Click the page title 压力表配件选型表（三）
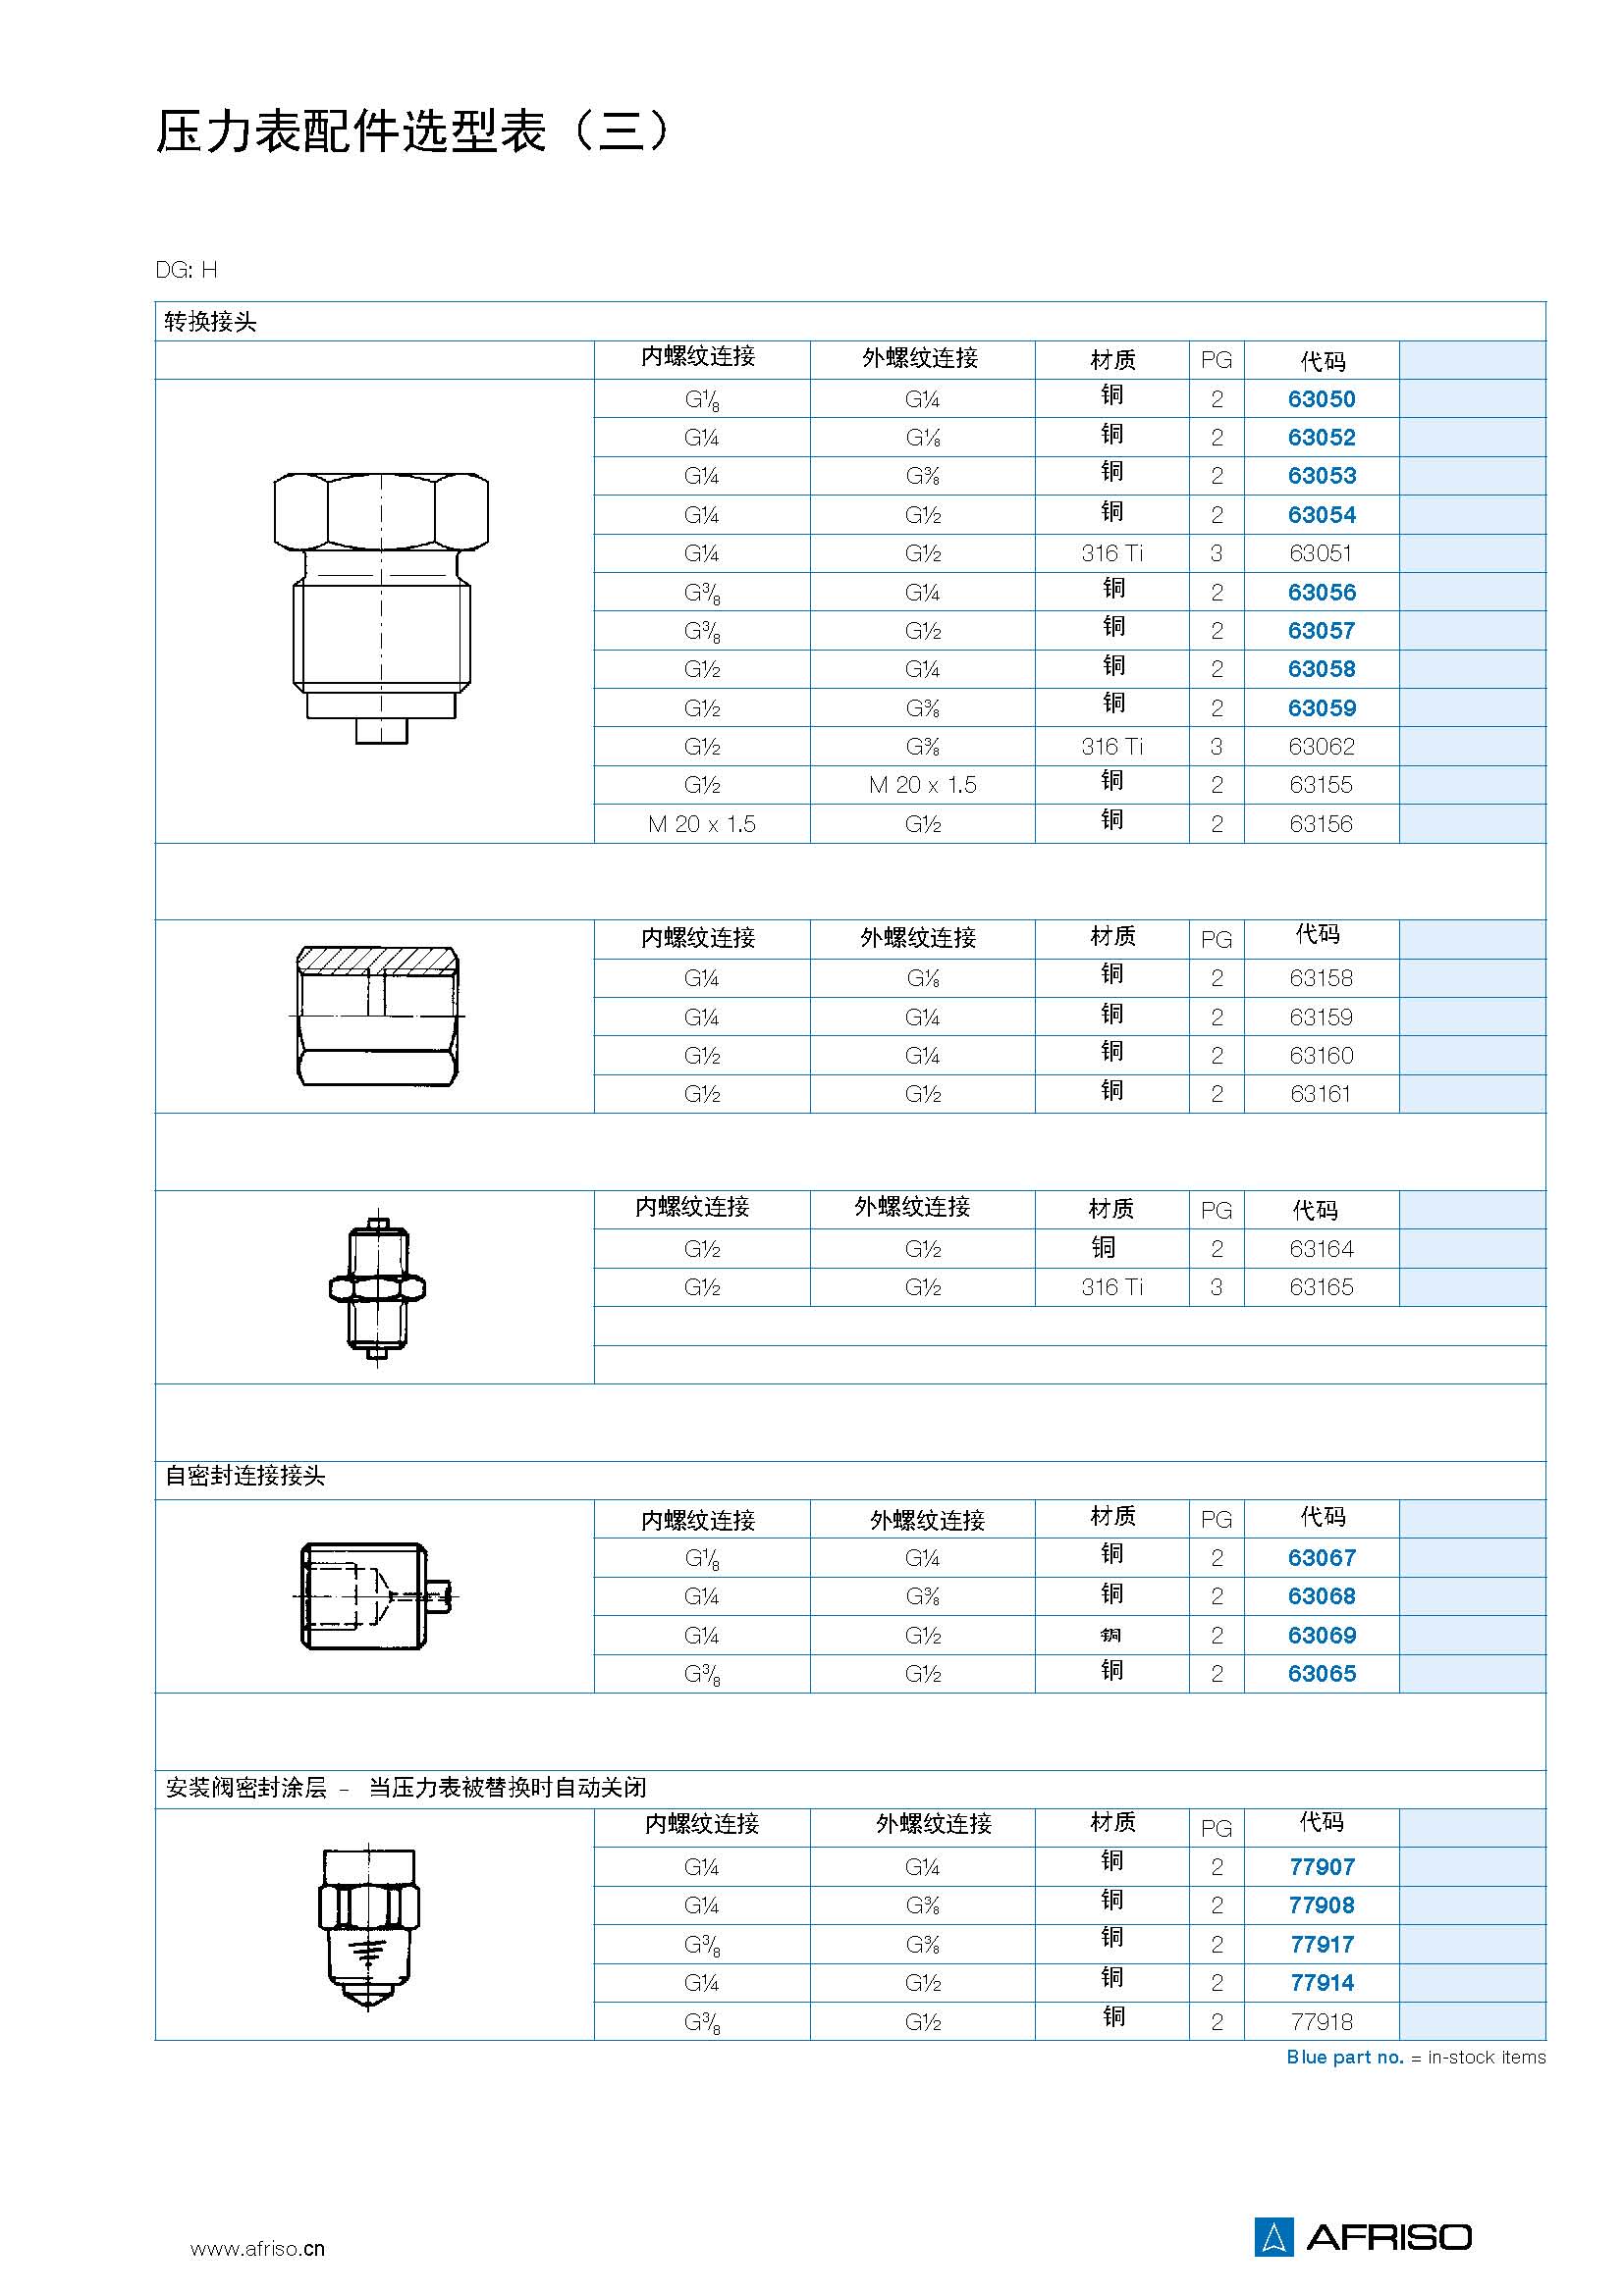(x=411, y=131)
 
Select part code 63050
(x=1321, y=398)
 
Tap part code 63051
(x=1320, y=553)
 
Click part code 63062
(x=1321, y=747)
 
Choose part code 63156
(x=1320, y=824)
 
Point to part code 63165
(x=1320, y=1287)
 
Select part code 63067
(x=1321, y=1558)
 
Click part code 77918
(x=1321, y=2022)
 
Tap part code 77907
(x=1321, y=1867)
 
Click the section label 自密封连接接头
(x=245, y=1477)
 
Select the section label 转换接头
(x=211, y=322)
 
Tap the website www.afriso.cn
(x=257, y=2249)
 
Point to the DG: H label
(x=186, y=270)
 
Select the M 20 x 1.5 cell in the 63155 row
(x=922, y=786)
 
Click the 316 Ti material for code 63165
(x=1111, y=1287)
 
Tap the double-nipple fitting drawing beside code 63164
(x=377, y=1287)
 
